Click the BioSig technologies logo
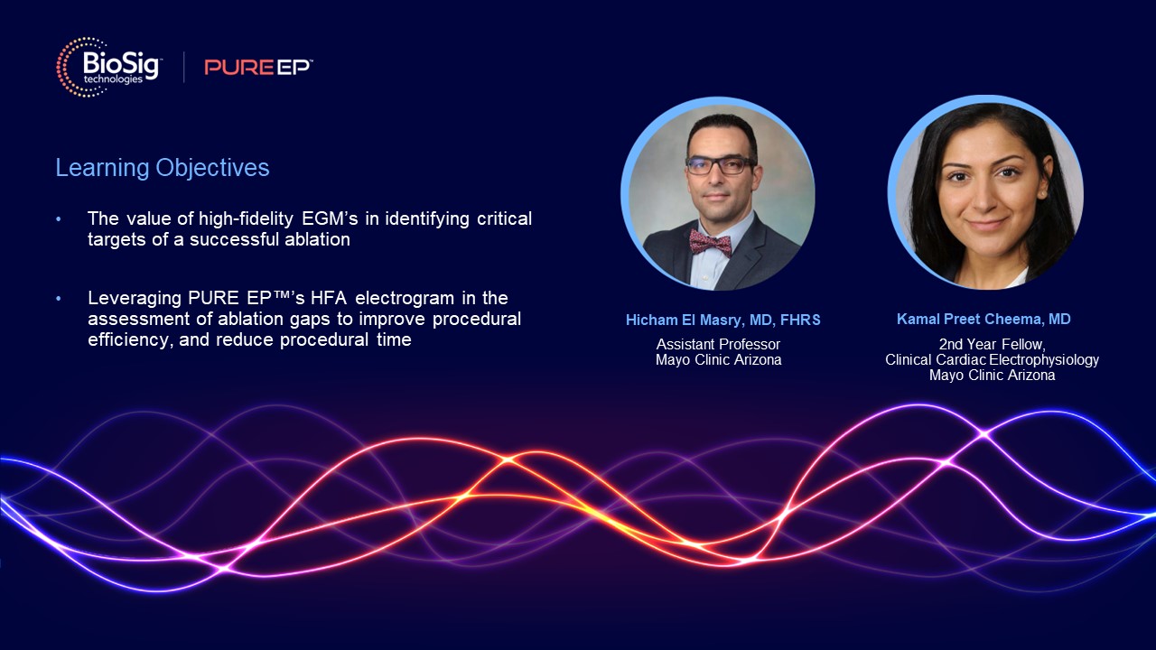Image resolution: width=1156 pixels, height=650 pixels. [108, 67]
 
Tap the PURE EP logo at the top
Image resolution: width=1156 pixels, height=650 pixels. [258, 67]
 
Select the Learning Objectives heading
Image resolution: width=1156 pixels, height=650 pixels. [163, 168]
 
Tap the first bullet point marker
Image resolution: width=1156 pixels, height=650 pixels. [60, 219]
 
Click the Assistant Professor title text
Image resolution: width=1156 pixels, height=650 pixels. [718, 344]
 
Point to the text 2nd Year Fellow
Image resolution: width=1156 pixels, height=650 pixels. [991, 344]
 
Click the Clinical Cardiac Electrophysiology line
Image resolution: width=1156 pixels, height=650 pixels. [992, 359]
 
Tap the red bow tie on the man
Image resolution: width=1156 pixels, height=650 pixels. [710, 241]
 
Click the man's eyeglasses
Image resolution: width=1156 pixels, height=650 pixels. [719, 165]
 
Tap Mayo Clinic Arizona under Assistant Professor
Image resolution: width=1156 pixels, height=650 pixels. [718, 359]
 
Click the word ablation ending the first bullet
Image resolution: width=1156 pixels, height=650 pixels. [321, 239]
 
